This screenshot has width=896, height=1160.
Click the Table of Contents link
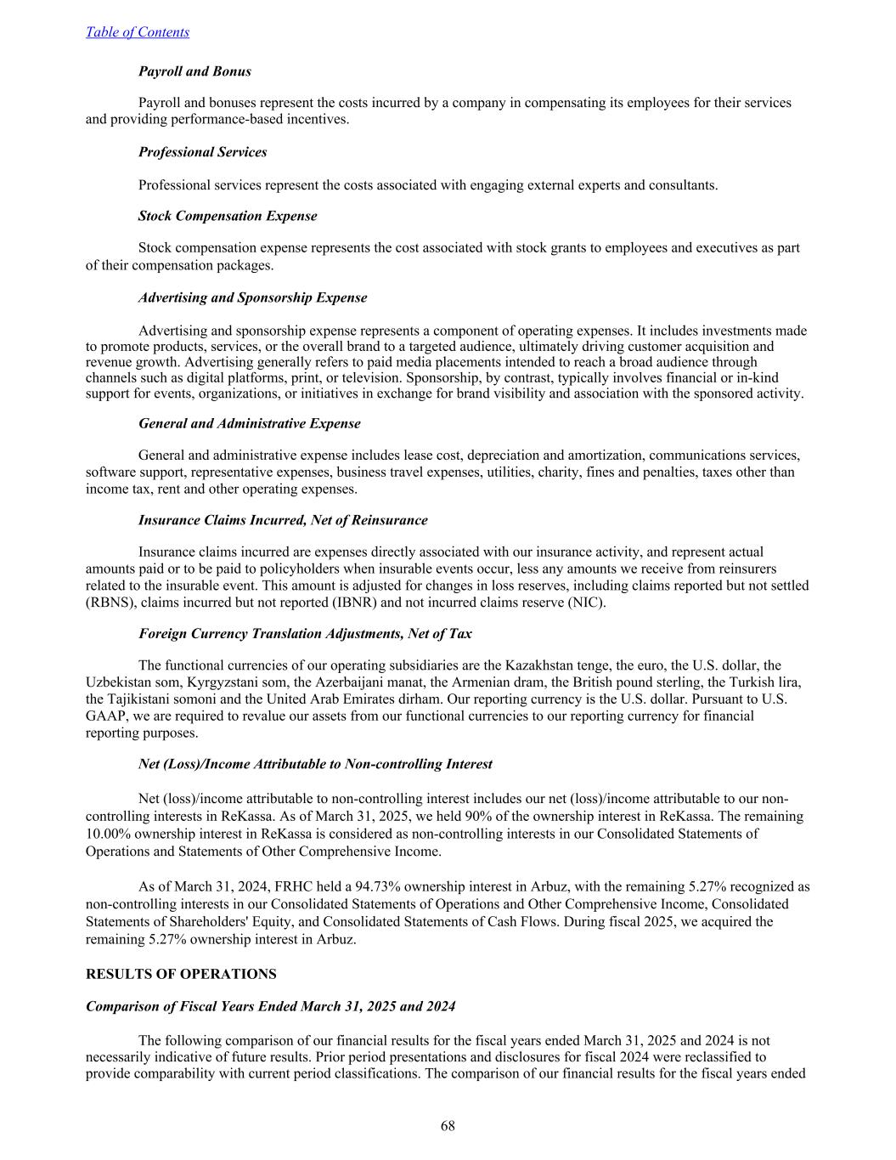coord(138,32)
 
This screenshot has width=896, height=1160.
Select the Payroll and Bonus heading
coord(194,71)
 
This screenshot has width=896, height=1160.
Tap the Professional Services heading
coord(202,152)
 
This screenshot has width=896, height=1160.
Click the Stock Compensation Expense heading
coord(228,216)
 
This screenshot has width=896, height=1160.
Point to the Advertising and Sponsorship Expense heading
coord(252,297)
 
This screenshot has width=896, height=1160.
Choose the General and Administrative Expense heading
coord(249,423)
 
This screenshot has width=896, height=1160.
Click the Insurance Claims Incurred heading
coord(283,520)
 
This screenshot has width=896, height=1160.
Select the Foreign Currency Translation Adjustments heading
coord(305,634)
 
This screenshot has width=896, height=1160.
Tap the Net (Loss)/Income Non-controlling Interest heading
coord(315,764)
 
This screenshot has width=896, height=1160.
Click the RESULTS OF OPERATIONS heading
coord(181,974)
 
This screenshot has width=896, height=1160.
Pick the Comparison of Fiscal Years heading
coord(270,1006)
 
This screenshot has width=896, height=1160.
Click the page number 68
coord(448,1126)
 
